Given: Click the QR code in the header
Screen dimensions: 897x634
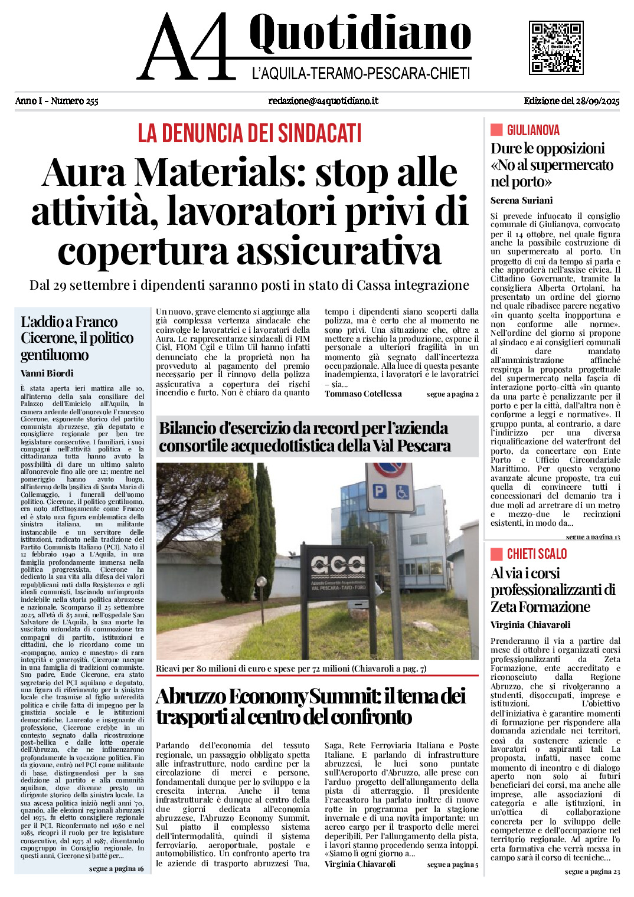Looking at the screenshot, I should pyautogui.click(x=556, y=48).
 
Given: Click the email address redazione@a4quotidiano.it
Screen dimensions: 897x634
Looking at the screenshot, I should pyautogui.click(x=323, y=101).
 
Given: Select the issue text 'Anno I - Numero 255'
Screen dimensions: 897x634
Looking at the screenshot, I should pyautogui.click(x=57, y=101).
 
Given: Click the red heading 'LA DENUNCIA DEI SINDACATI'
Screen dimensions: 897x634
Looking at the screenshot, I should pyautogui.click(x=249, y=133).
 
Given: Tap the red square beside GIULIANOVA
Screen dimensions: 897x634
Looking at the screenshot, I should pyautogui.click(x=496, y=130).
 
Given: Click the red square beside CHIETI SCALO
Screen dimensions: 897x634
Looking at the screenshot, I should pyautogui.click(x=496, y=554).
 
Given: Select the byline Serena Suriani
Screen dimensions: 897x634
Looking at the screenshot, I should pyautogui.click(x=521, y=201).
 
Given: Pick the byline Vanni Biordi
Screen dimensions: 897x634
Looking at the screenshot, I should pyautogui.click(x=47, y=373).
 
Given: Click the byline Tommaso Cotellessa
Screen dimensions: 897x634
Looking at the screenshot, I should pyautogui.click(x=363, y=394).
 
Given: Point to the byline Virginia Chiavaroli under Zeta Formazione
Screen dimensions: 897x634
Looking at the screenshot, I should pyautogui.click(x=530, y=624).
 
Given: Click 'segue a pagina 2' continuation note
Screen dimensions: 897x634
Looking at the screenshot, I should pyautogui.click(x=452, y=394).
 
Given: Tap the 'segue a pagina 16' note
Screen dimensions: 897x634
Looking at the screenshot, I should pyautogui.click(x=116, y=869).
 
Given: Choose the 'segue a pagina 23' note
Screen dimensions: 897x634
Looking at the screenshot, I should pyautogui.click(x=592, y=872).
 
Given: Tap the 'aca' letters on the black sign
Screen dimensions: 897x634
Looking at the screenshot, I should pyautogui.click(x=338, y=565).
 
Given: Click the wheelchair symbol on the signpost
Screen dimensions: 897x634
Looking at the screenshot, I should pyautogui.click(x=404, y=491).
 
